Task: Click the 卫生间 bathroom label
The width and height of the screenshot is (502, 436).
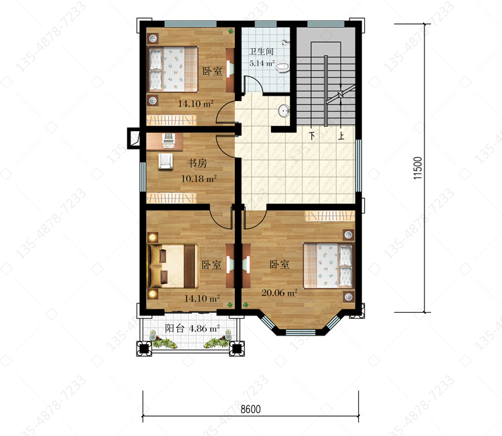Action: [x=261, y=52]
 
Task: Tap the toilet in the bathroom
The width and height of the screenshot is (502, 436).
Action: [x=282, y=66]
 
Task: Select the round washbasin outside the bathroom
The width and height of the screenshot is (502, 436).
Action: [x=284, y=111]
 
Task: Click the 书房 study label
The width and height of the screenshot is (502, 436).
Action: [x=197, y=163]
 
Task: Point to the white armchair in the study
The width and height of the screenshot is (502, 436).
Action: [x=165, y=161]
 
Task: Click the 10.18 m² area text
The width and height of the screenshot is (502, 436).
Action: [x=199, y=178]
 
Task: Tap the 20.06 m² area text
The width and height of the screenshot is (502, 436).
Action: [x=279, y=292]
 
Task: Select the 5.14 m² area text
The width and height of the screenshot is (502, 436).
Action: [x=262, y=63]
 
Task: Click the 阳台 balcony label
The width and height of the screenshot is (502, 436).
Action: [x=175, y=328]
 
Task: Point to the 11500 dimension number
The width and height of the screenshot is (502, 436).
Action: [x=418, y=168]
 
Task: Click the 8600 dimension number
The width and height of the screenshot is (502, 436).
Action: [x=250, y=409]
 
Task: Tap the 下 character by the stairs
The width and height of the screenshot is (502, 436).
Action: [x=312, y=136]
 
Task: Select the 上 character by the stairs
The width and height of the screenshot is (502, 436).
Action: [x=341, y=136]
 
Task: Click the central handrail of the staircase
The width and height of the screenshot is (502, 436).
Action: [x=325, y=90]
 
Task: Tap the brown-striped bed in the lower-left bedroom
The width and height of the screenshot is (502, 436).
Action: [x=173, y=266]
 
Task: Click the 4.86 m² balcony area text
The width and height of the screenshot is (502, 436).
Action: [x=204, y=328]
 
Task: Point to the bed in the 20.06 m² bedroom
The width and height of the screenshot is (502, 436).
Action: [x=329, y=265]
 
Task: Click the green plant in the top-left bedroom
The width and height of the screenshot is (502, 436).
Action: [x=230, y=31]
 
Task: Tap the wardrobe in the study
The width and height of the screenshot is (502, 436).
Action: [x=171, y=198]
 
